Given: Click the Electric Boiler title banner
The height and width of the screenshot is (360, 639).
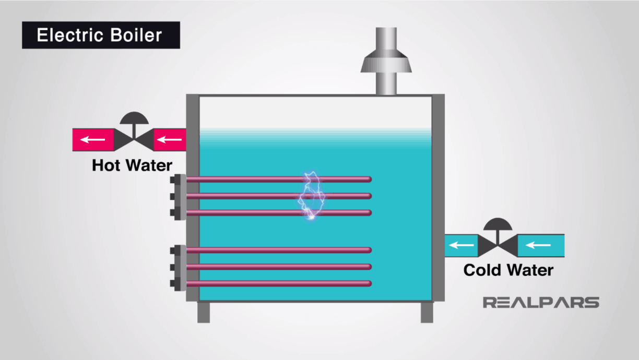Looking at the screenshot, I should point(101,35).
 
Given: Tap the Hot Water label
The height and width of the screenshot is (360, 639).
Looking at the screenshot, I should point(132,165).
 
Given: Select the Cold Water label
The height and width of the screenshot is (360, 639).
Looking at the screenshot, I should point(508,270).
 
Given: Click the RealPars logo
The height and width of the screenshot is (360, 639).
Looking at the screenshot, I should point(541,303).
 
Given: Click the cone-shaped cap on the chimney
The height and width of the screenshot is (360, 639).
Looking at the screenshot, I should point(386,62).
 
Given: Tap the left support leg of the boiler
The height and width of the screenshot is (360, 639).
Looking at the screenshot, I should point(204,312).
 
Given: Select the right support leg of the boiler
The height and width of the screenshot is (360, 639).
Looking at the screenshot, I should point(427,312).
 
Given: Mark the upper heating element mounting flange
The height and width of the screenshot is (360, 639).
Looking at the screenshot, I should point(179,196).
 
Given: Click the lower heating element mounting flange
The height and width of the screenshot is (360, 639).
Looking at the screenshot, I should point(179,267).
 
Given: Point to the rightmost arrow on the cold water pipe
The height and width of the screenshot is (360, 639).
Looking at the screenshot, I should point(538,245).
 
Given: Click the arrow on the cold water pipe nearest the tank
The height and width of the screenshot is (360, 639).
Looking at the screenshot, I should point(460,245).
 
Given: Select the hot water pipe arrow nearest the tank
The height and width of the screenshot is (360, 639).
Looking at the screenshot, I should point(168,140).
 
